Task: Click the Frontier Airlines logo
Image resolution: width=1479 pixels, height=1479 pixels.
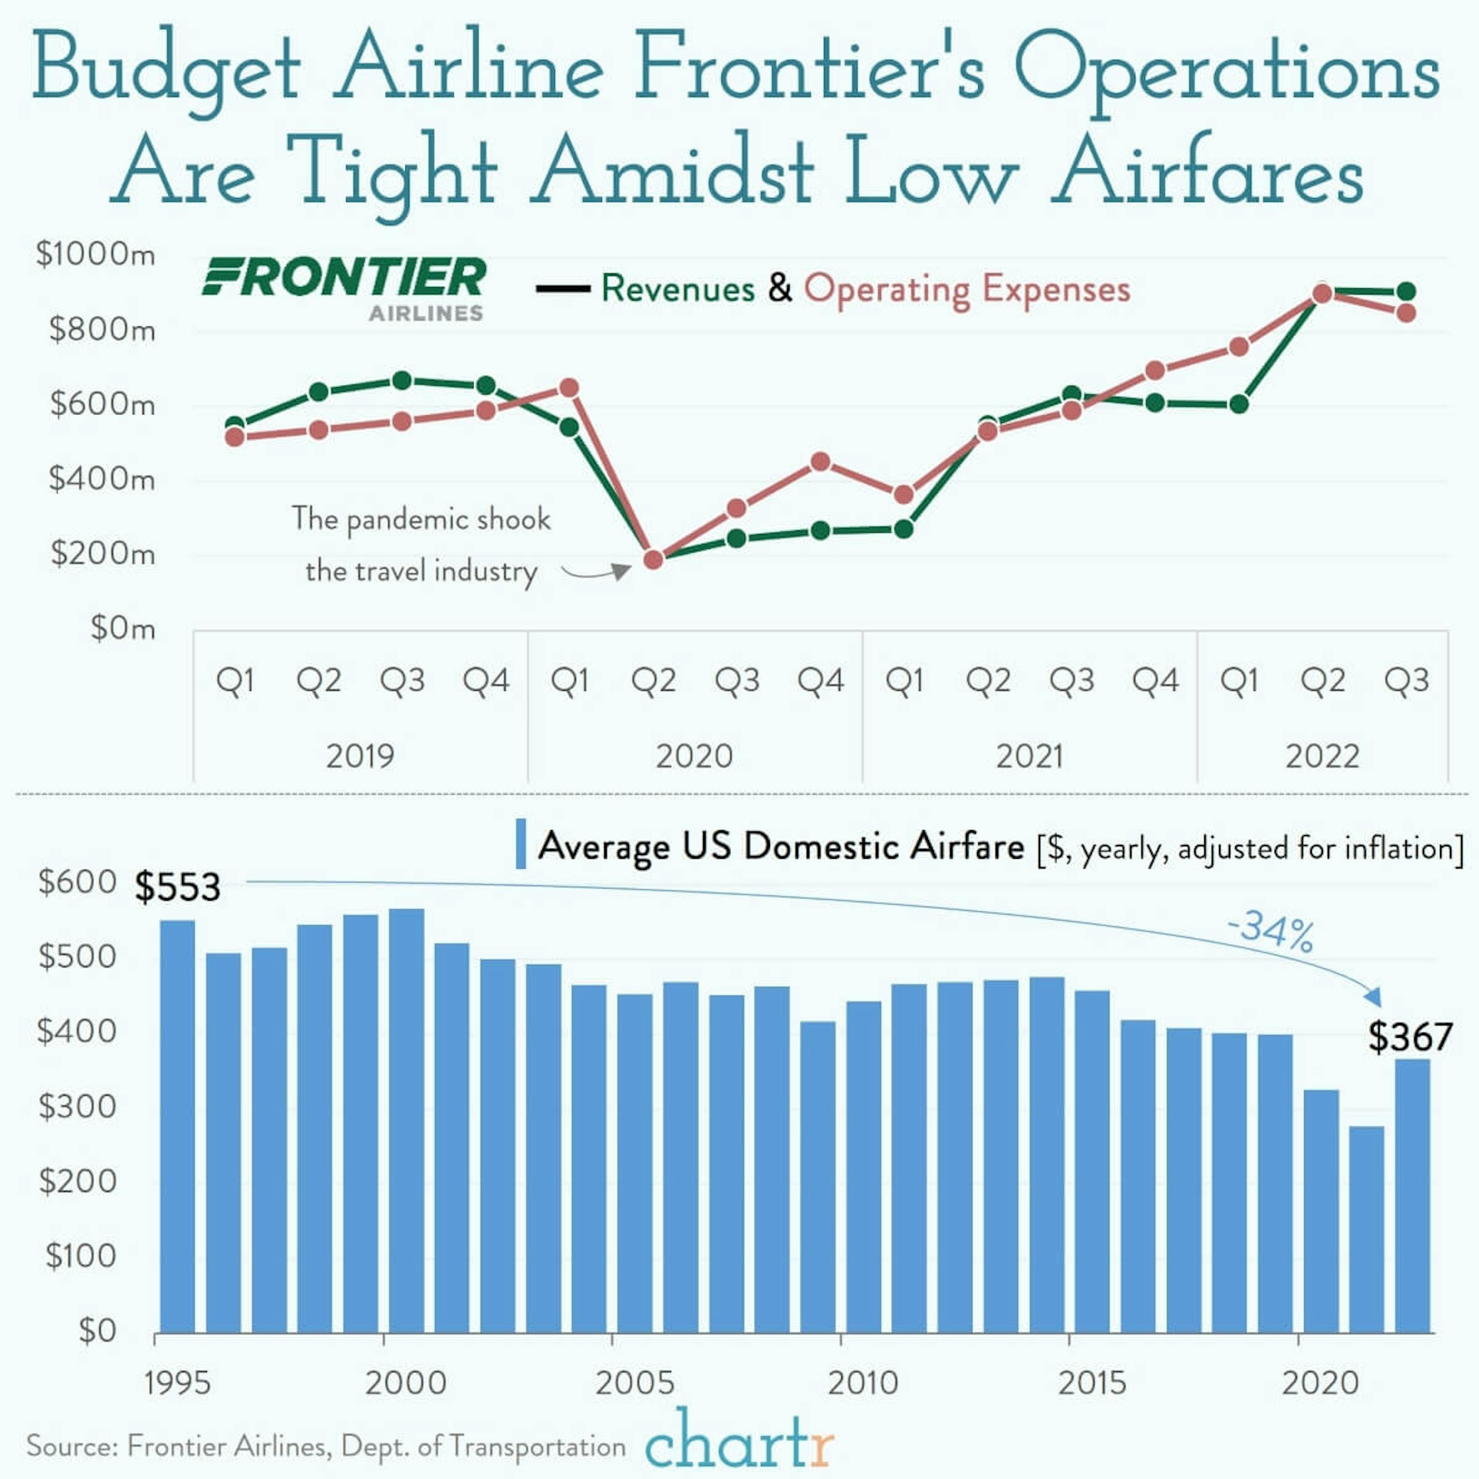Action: tap(344, 287)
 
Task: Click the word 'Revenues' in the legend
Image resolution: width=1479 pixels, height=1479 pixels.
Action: tap(677, 288)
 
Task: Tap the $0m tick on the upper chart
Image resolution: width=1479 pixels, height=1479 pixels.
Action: tap(122, 629)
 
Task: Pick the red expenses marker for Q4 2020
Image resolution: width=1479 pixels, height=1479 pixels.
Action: tap(820, 462)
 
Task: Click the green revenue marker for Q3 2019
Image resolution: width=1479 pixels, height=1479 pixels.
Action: tap(402, 381)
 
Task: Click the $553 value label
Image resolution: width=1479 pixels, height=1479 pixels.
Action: tap(178, 887)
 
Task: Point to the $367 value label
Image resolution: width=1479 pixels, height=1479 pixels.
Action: tap(1410, 1036)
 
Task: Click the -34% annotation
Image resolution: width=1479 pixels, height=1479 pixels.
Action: tap(1271, 931)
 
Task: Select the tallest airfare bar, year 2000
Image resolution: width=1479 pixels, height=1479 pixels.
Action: tap(406, 1118)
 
